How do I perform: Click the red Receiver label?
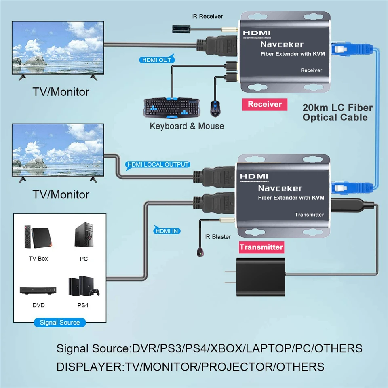coord(264,104)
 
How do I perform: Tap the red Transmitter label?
coord(261,247)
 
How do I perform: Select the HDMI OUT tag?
coord(157,60)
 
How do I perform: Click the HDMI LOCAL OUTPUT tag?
coord(158,164)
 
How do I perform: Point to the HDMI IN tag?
coord(167,231)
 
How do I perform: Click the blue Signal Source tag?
coord(59,323)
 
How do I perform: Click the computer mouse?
coord(215,107)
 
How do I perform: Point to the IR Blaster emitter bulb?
coord(199,253)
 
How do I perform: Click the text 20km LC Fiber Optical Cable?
coord(337,112)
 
